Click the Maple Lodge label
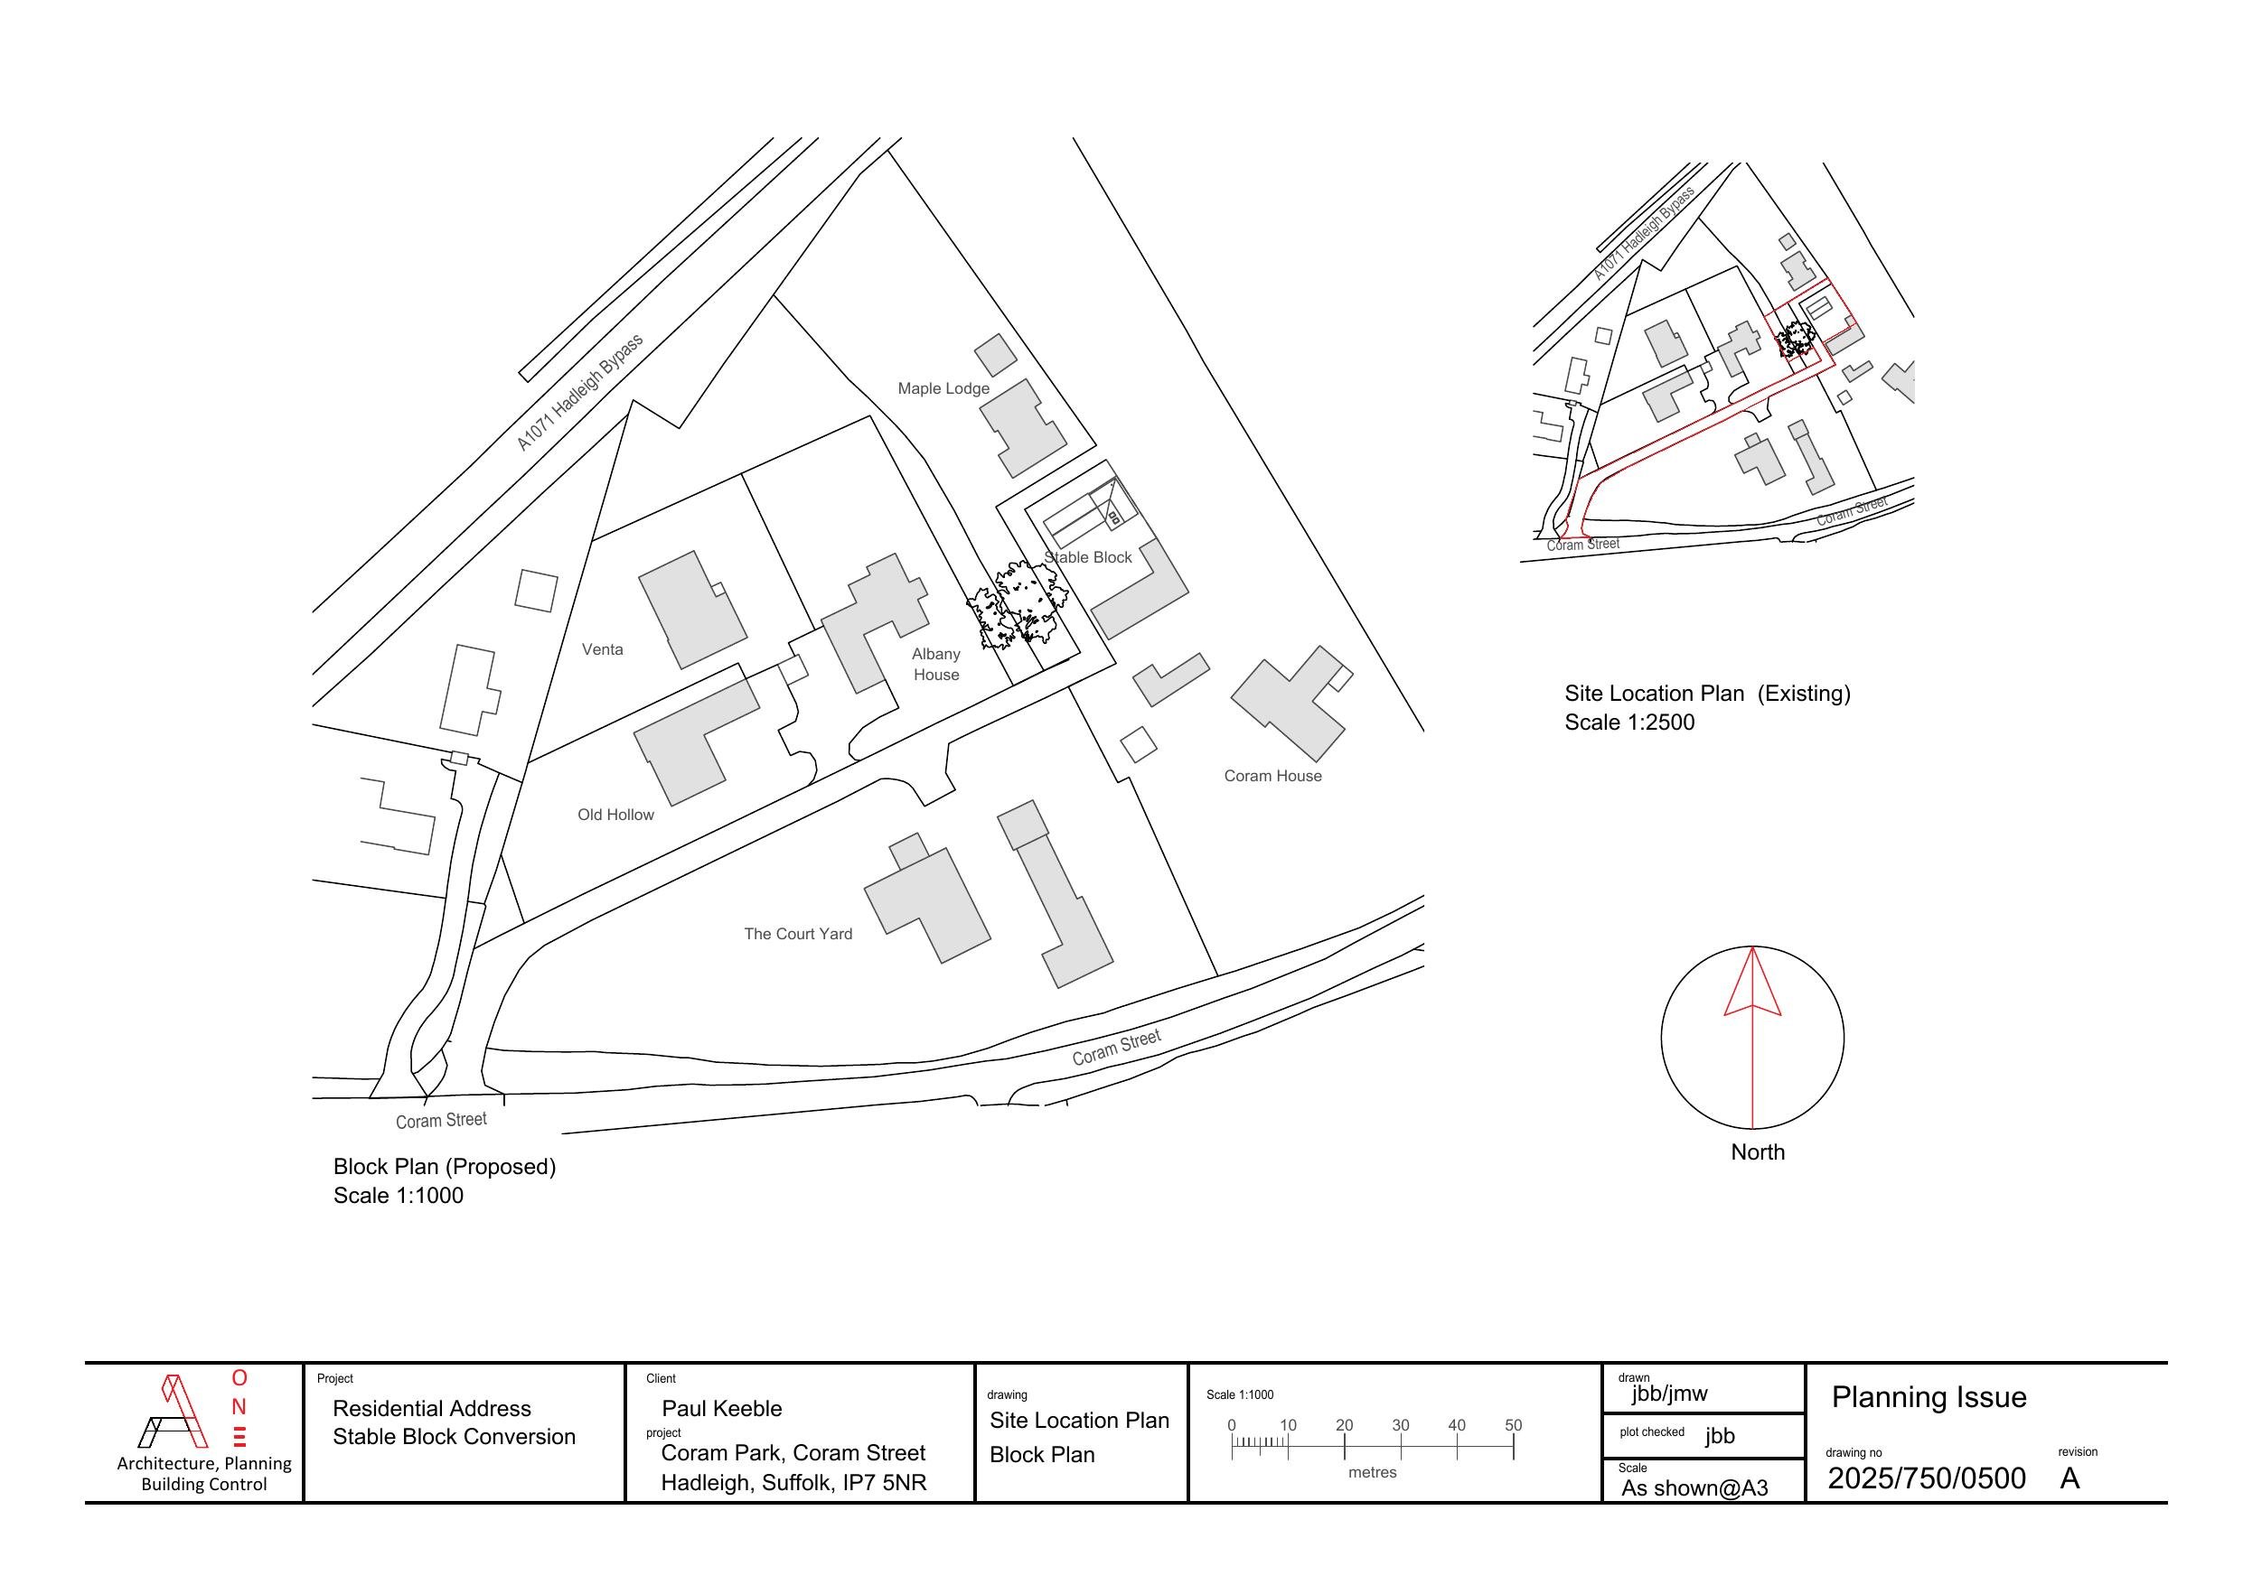pos(943,388)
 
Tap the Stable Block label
pos(1087,557)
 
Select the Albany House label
pos(936,664)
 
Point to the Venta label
pos(602,649)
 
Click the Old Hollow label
pos(615,815)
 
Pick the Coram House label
pos(1273,777)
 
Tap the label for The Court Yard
pos(798,934)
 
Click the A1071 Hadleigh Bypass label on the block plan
pos(579,393)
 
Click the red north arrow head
pos(1752,982)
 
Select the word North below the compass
pos(1758,1152)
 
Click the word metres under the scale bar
pos(1373,1473)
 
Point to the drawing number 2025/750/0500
pos(1927,1478)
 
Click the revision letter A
pos(2069,1478)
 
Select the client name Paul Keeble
pos(722,1408)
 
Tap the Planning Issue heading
pos(1929,1397)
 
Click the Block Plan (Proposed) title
pos(445,1167)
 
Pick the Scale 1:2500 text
pos(1629,723)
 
